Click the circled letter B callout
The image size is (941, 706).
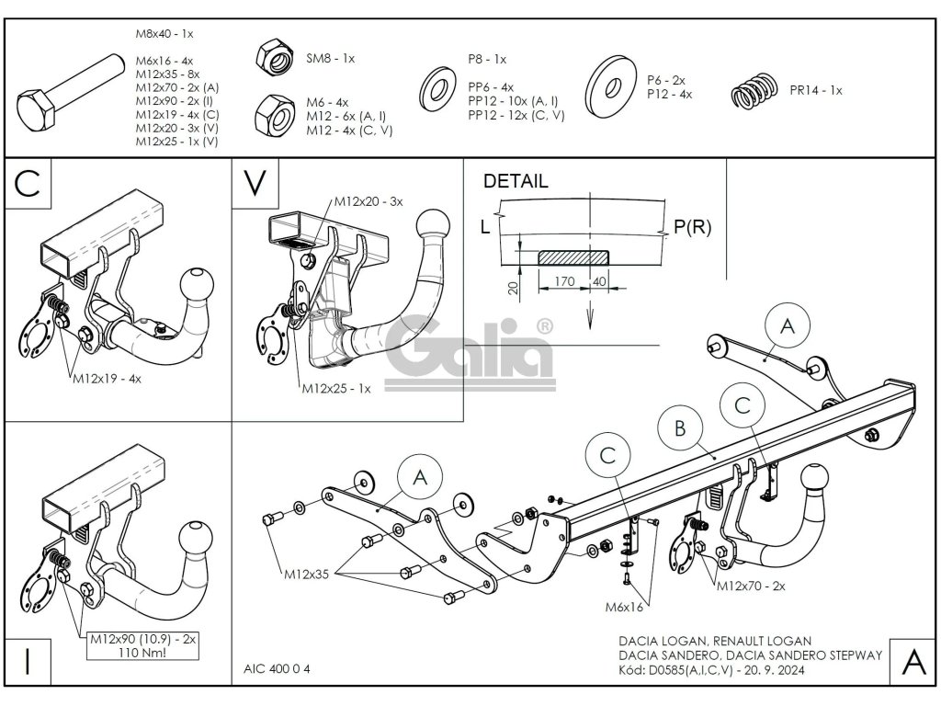tap(680, 428)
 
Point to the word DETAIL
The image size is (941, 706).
tap(516, 181)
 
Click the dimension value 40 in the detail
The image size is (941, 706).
tap(599, 282)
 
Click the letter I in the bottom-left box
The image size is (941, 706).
tap(28, 662)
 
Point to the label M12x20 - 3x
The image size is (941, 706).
tap(368, 201)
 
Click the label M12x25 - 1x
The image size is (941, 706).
tap(336, 389)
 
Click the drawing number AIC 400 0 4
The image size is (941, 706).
tap(278, 669)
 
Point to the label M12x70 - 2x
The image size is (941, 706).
tap(752, 585)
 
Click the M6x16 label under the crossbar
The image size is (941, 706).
tap(624, 606)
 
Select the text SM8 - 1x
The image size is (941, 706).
tap(330, 58)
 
